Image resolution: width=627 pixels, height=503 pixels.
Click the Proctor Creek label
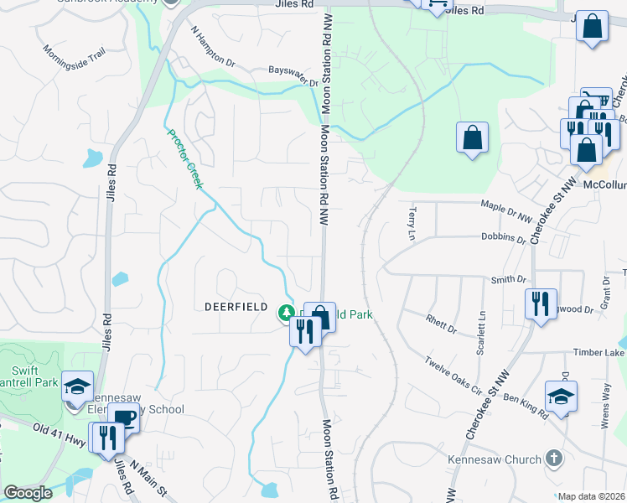184,158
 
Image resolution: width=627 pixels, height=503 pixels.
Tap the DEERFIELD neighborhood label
236,307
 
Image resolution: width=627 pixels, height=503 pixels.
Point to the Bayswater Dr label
293,78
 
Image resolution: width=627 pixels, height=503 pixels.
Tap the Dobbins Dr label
504,236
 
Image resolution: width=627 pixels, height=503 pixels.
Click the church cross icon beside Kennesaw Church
552,458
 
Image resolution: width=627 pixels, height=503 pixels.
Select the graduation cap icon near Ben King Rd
561,397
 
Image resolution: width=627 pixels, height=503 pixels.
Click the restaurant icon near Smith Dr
541,303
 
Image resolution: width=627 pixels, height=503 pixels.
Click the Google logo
28,493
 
